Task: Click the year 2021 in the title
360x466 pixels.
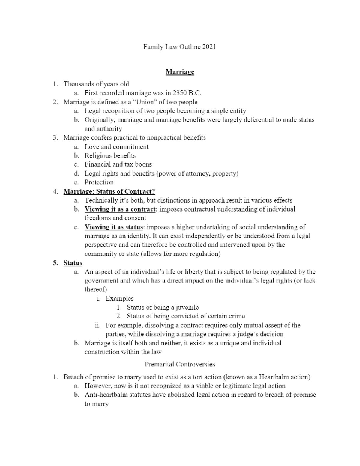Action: (x=209, y=47)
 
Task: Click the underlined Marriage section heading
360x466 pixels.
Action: (x=180, y=72)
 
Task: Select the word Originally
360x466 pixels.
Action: (x=99, y=120)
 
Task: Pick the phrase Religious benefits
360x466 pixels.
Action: (x=110, y=155)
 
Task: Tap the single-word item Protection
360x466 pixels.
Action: (x=99, y=182)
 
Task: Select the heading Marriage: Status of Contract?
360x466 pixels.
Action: (x=109, y=191)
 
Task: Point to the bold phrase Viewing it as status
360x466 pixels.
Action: (x=114, y=227)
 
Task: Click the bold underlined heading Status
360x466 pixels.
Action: (x=73, y=263)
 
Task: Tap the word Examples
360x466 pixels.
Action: (x=119, y=299)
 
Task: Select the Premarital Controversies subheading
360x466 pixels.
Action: (x=180, y=365)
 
